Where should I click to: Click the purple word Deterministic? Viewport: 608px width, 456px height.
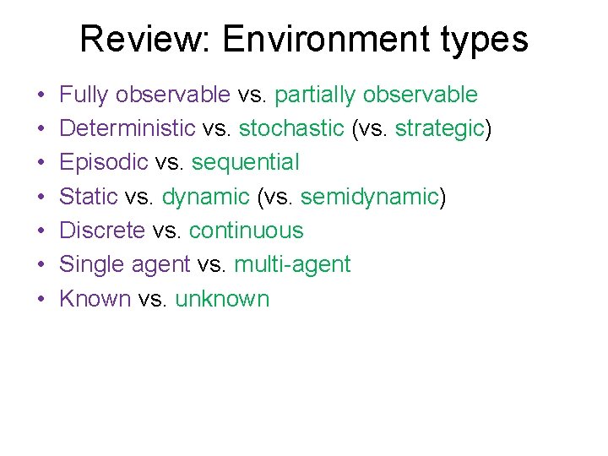tap(128, 129)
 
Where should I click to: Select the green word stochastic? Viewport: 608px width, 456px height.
tap(291, 129)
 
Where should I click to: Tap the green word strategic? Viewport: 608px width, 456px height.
tap(440, 129)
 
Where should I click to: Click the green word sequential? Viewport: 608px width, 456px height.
tap(244, 163)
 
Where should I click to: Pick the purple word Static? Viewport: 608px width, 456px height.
tap(89, 197)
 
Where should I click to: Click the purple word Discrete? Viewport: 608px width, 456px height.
tap(102, 231)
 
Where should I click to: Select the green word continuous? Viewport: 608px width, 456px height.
tap(246, 231)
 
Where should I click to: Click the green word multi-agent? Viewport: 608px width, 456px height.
tap(292, 264)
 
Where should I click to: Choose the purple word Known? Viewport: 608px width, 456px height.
tap(95, 299)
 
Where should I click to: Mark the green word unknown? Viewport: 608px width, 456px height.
tap(222, 299)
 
